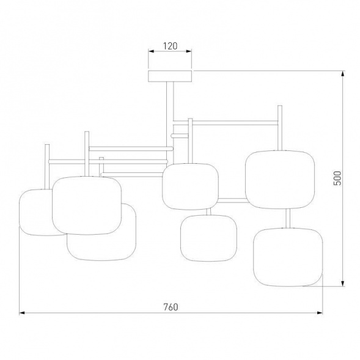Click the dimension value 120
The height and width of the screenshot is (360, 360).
point(170,46)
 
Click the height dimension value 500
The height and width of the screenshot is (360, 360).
point(337,178)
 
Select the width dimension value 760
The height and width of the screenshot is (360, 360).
point(171,307)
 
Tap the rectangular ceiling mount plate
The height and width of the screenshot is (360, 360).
point(170,76)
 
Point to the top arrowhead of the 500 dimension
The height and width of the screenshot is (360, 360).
point(343,74)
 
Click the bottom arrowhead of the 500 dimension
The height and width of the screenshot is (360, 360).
point(343,283)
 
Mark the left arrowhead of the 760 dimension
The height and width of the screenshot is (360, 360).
point(22,313)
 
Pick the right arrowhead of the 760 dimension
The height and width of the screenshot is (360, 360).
point(320,313)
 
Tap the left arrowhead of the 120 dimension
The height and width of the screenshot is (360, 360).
point(152,51)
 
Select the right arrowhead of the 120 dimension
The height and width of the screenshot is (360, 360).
point(188,51)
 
